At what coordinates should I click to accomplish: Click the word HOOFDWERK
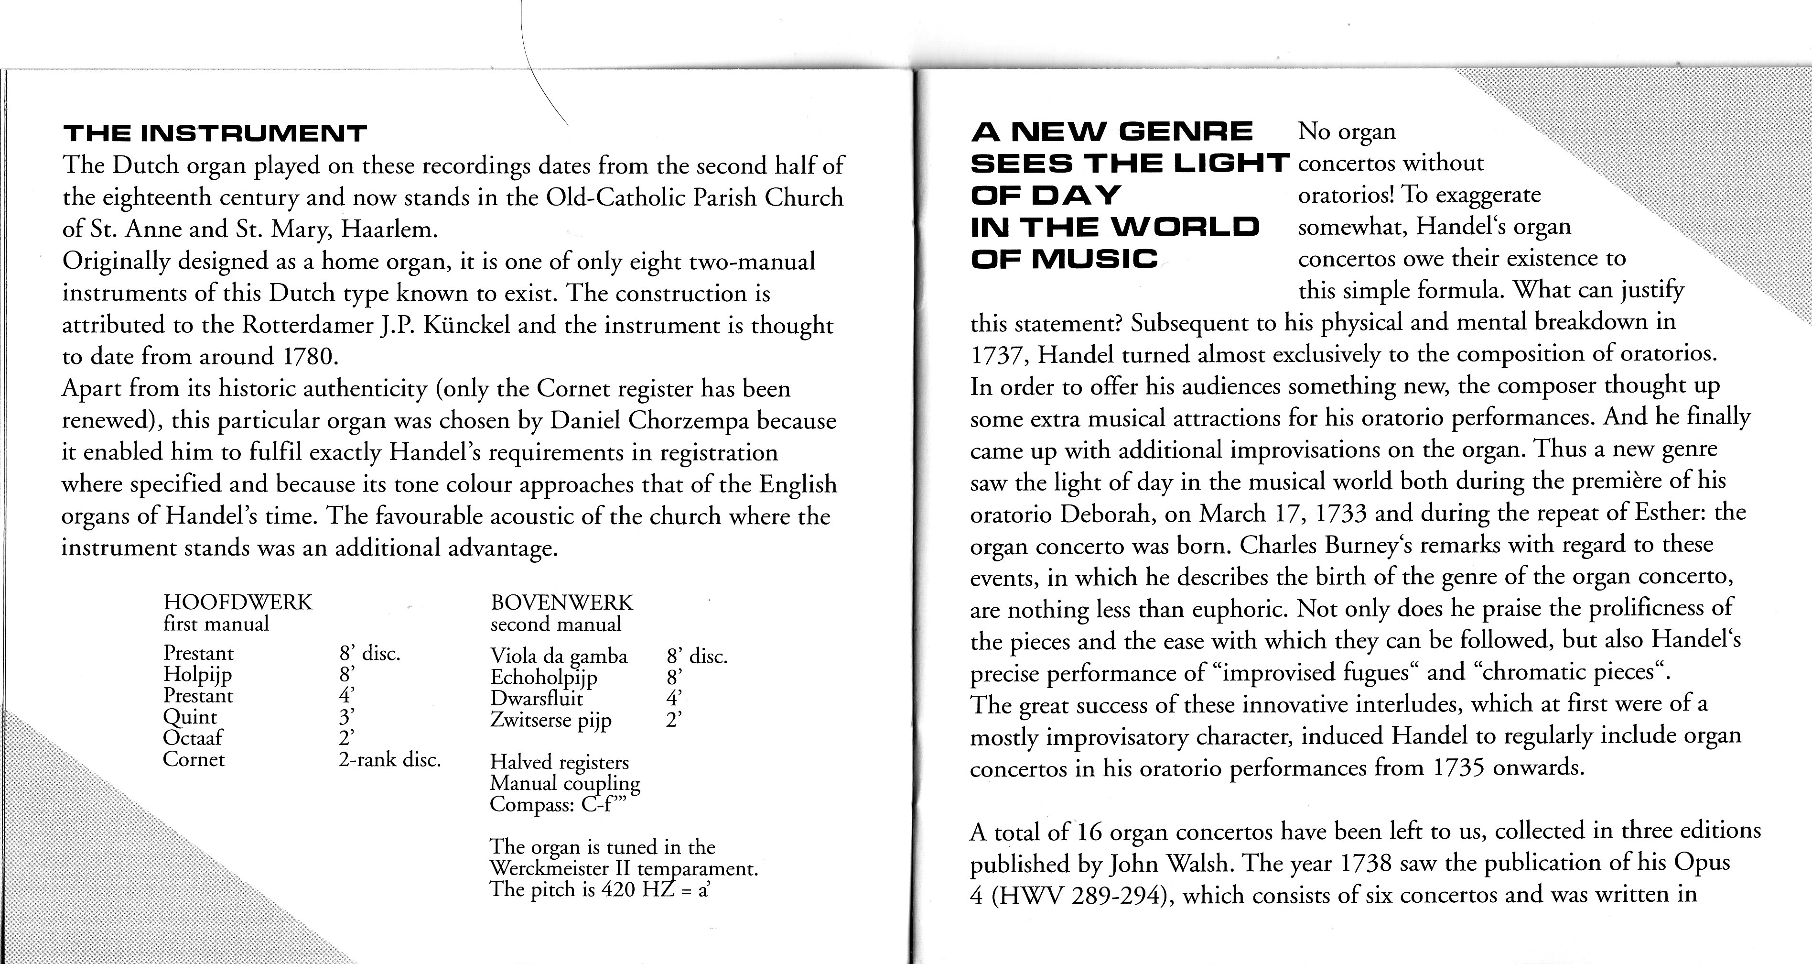click(238, 602)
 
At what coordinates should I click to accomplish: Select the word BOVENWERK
click(561, 602)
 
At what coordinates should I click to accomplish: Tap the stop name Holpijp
click(198, 674)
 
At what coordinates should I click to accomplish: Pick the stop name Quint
click(190, 717)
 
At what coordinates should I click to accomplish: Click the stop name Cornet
click(194, 759)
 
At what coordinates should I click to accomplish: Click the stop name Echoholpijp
click(544, 678)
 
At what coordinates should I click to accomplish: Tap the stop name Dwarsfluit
click(537, 698)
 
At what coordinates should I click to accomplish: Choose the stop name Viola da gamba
click(559, 656)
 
